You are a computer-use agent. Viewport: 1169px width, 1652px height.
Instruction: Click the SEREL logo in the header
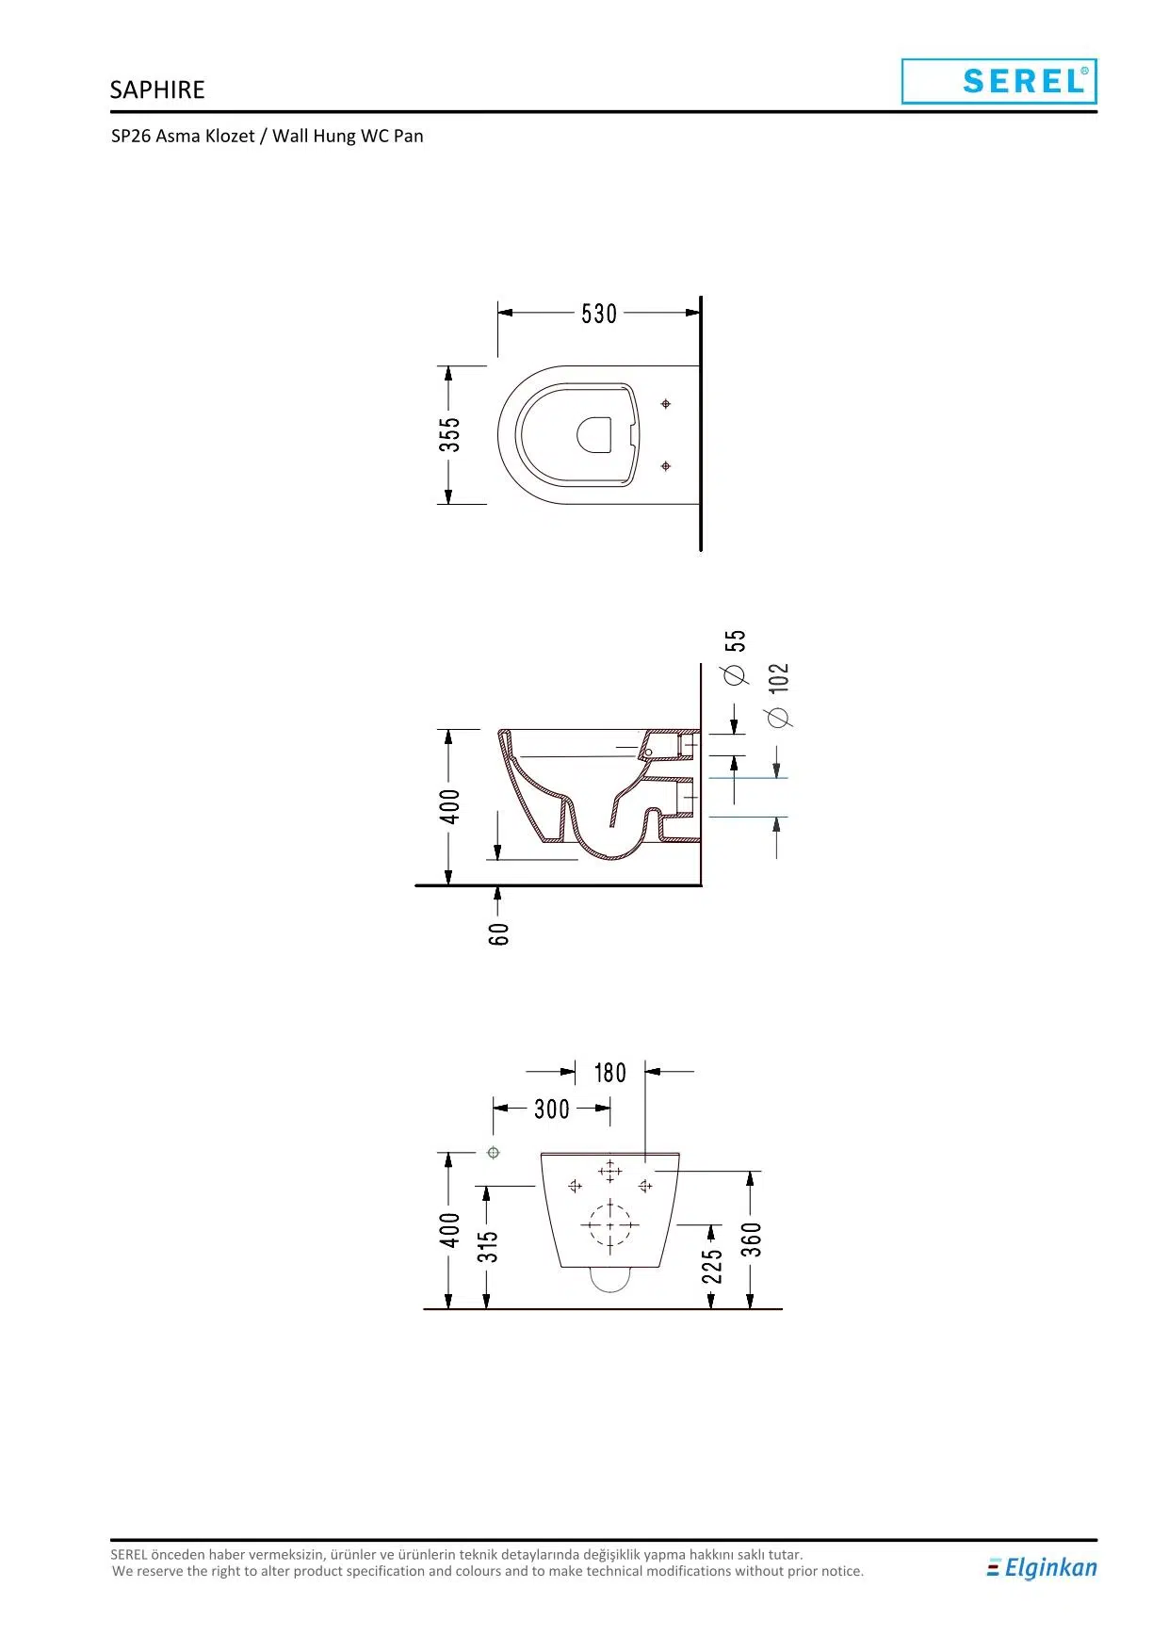point(999,81)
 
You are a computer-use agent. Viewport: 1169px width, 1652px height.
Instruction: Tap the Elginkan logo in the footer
point(1042,1567)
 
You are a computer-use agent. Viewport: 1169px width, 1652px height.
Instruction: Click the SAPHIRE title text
point(157,89)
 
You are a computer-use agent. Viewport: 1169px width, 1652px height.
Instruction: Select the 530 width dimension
point(599,314)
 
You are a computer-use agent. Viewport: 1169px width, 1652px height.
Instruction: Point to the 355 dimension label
point(450,434)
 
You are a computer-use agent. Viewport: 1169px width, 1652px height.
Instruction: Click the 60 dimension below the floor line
point(499,933)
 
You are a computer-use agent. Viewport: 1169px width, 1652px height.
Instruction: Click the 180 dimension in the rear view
point(609,1073)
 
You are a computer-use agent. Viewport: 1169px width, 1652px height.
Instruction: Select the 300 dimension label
point(552,1109)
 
